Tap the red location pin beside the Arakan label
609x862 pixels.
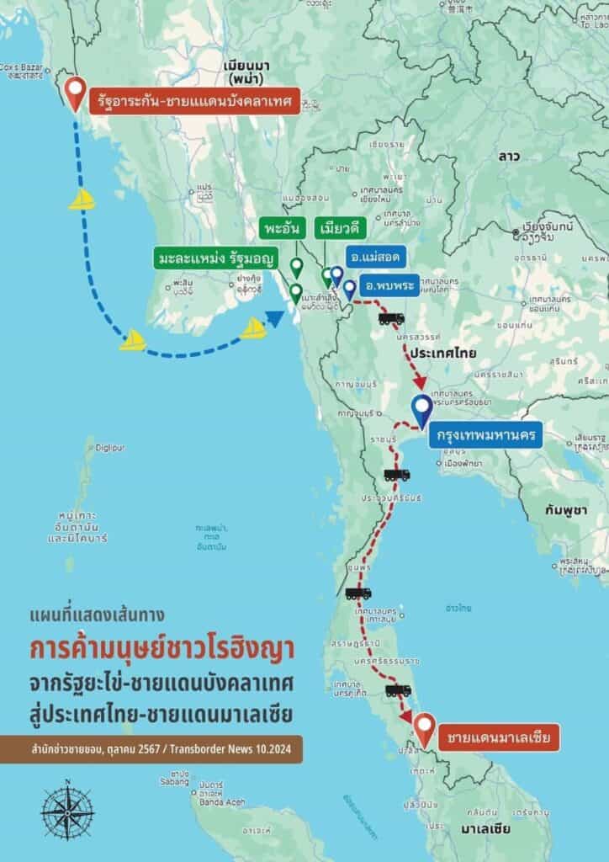click(x=76, y=94)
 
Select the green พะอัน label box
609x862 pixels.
click(x=278, y=229)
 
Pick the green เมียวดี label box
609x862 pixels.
click(x=332, y=229)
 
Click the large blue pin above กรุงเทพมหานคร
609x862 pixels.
click(x=422, y=412)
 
